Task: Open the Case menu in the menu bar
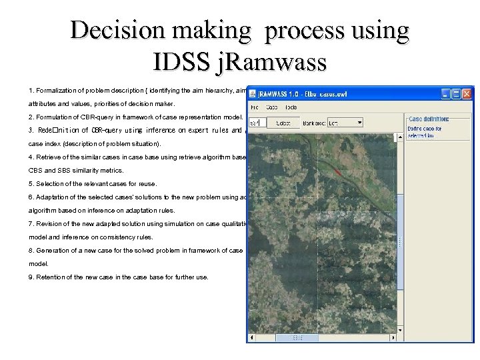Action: point(271,107)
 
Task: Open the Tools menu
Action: point(291,107)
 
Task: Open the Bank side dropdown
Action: point(359,123)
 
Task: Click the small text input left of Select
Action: point(257,123)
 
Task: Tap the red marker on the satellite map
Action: point(338,172)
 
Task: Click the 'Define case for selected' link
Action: point(425,131)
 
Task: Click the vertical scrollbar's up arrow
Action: point(399,136)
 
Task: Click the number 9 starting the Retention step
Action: point(31,277)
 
